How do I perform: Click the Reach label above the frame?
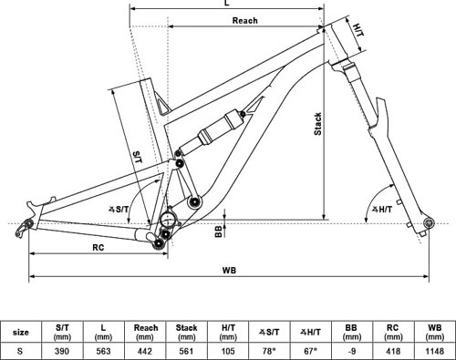pyautogui.click(x=244, y=20)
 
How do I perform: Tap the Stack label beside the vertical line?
pyautogui.click(x=317, y=124)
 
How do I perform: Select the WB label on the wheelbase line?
pyautogui.click(x=229, y=270)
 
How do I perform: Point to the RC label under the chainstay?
pyautogui.click(x=98, y=248)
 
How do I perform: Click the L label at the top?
pyautogui.click(x=227, y=3)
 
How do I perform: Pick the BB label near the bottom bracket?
pyautogui.click(x=218, y=231)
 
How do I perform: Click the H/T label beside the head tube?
pyautogui.click(x=358, y=30)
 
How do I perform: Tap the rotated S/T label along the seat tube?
pyautogui.click(x=138, y=157)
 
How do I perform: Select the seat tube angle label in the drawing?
pyautogui.click(x=119, y=209)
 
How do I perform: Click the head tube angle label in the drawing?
pyautogui.click(x=382, y=209)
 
